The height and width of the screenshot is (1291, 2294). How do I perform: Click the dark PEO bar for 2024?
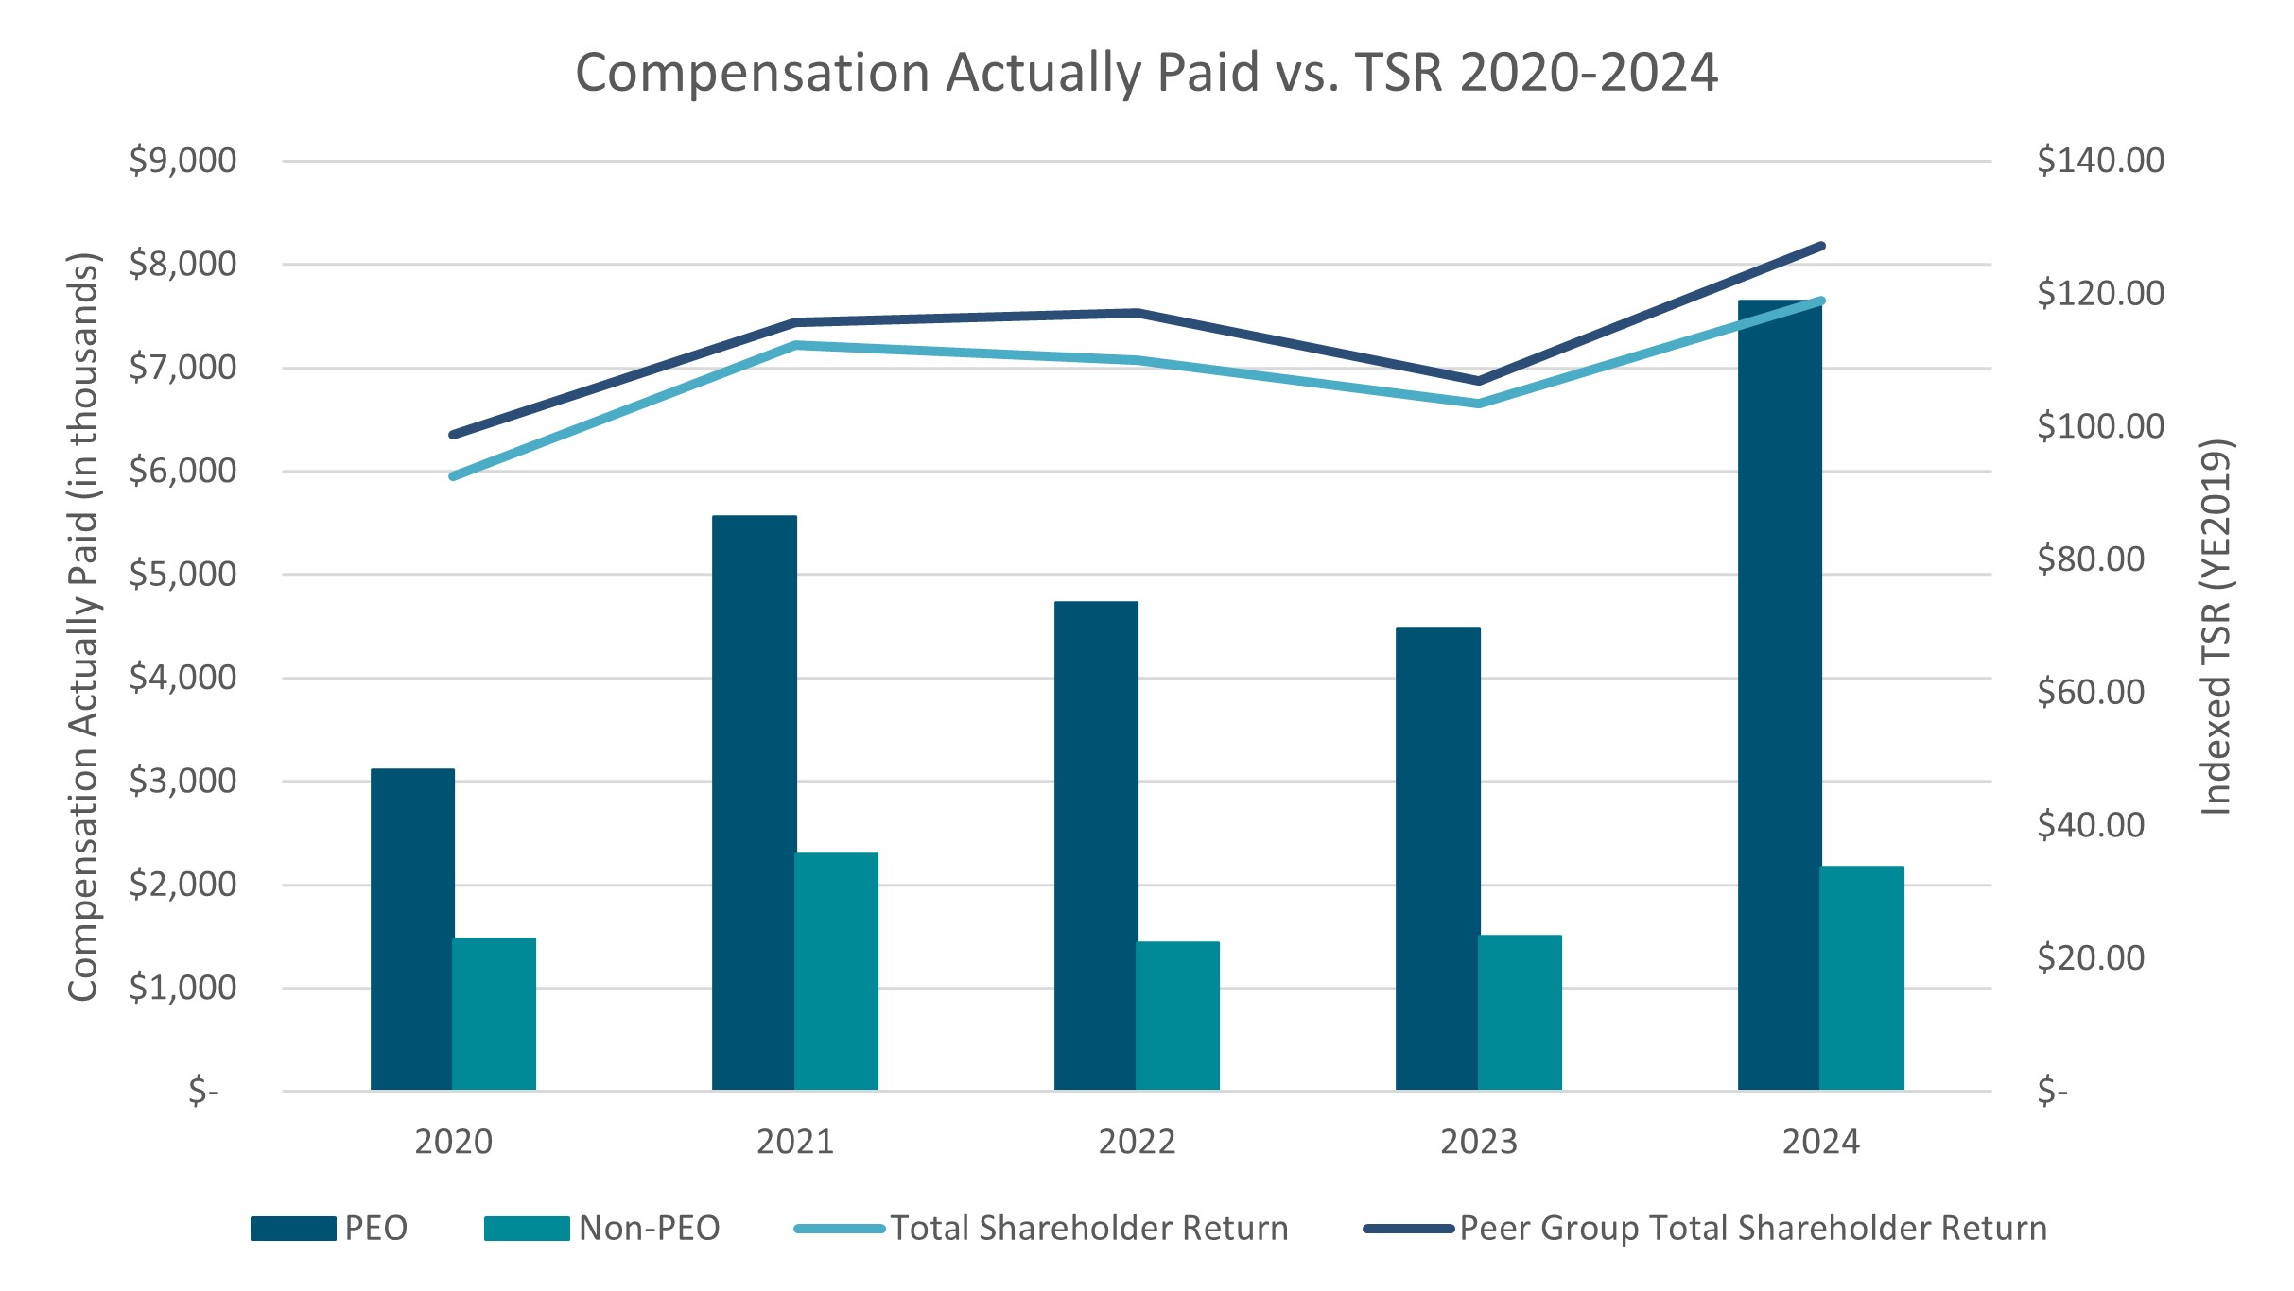[x=1779, y=699]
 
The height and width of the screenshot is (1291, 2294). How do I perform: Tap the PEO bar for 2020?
[x=411, y=930]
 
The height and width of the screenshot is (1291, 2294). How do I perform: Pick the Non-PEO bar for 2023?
[x=1520, y=1012]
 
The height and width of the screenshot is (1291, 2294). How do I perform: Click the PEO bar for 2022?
[x=1095, y=846]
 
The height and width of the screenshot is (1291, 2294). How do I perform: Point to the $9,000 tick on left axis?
[x=182, y=161]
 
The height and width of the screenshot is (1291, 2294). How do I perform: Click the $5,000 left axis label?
[x=182, y=574]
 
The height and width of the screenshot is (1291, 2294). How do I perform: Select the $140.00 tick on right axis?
[x=2100, y=161]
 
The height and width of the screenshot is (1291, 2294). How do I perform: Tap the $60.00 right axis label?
[x=2091, y=693]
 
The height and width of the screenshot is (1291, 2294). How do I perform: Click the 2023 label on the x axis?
[x=1478, y=1142]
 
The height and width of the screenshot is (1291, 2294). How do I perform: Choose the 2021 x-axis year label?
[x=794, y=1142]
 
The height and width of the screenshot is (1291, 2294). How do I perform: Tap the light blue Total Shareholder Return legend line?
[x=840, y=1229]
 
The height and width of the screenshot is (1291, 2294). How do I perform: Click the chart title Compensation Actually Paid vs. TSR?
[x=1146, y=73]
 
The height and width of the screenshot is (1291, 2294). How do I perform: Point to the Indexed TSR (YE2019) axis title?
[x=2216, y=627]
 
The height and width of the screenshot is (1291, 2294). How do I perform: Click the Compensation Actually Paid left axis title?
[x=83, y=627]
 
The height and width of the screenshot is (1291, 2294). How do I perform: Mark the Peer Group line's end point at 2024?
[x=1821, y=247]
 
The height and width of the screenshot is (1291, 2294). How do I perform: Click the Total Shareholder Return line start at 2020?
[x=453, y=476]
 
